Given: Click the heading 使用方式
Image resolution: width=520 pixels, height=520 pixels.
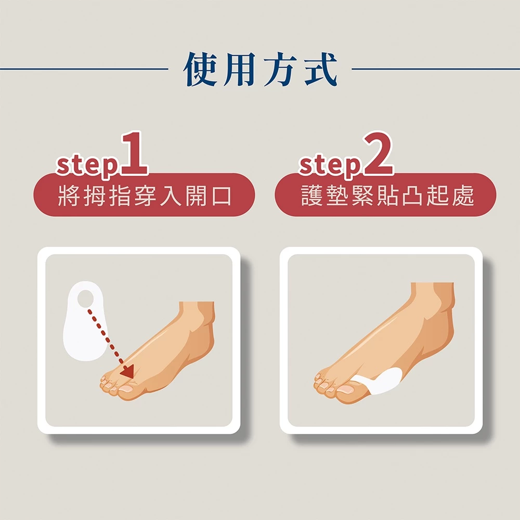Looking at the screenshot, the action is pyautogui.click(x=260, y=69).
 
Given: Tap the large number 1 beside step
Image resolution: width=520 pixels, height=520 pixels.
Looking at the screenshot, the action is pyautogui.click(x=134, y=153).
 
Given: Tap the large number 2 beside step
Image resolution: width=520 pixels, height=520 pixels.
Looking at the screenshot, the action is pyautogui.click(x=378, y=153).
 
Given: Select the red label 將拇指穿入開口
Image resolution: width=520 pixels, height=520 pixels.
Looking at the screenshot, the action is pyautogui.click(x=144, y=195).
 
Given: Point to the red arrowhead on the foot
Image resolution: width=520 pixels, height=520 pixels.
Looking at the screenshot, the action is pyautogui.click(x=128, y=371).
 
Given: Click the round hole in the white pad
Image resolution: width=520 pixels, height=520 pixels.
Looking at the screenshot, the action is pyautogui.click(x=86, y=298).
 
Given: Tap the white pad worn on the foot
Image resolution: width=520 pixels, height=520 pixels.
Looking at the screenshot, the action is pyautogui.click(x=381, y=381).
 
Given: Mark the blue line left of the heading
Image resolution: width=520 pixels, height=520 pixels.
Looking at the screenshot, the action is pyautogui.click(x=84, y=69).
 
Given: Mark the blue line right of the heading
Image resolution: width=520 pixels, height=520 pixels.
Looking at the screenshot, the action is pyautogui.click(x=436, y=69).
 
